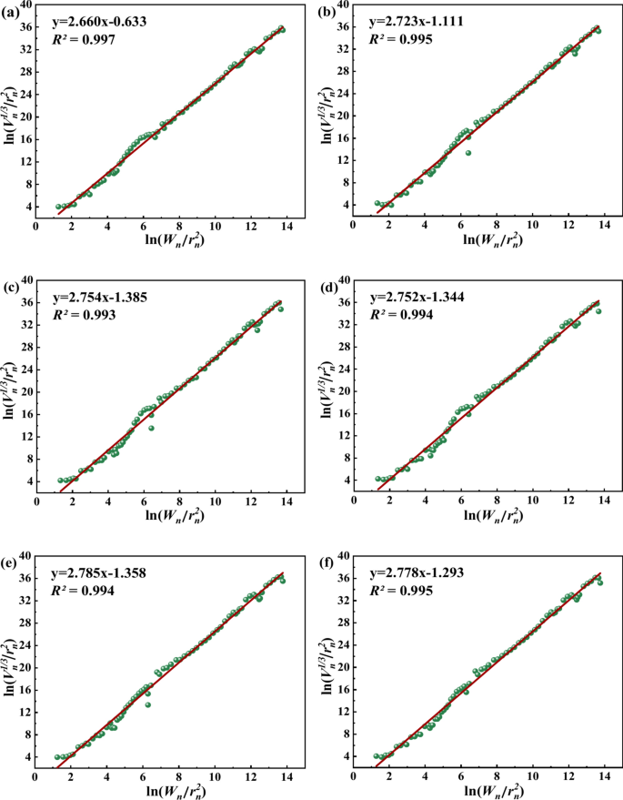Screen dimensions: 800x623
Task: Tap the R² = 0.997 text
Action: (84, 39)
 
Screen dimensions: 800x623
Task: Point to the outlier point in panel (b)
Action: (468, 153)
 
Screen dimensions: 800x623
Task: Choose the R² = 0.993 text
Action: (85, 315)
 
